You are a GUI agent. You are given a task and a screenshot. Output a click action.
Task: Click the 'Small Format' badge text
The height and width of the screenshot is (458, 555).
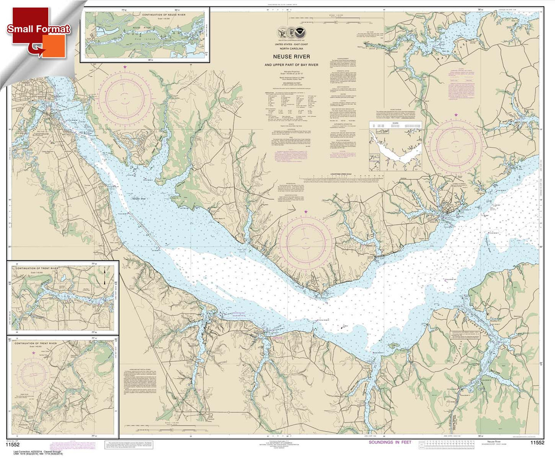click(38, 29)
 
